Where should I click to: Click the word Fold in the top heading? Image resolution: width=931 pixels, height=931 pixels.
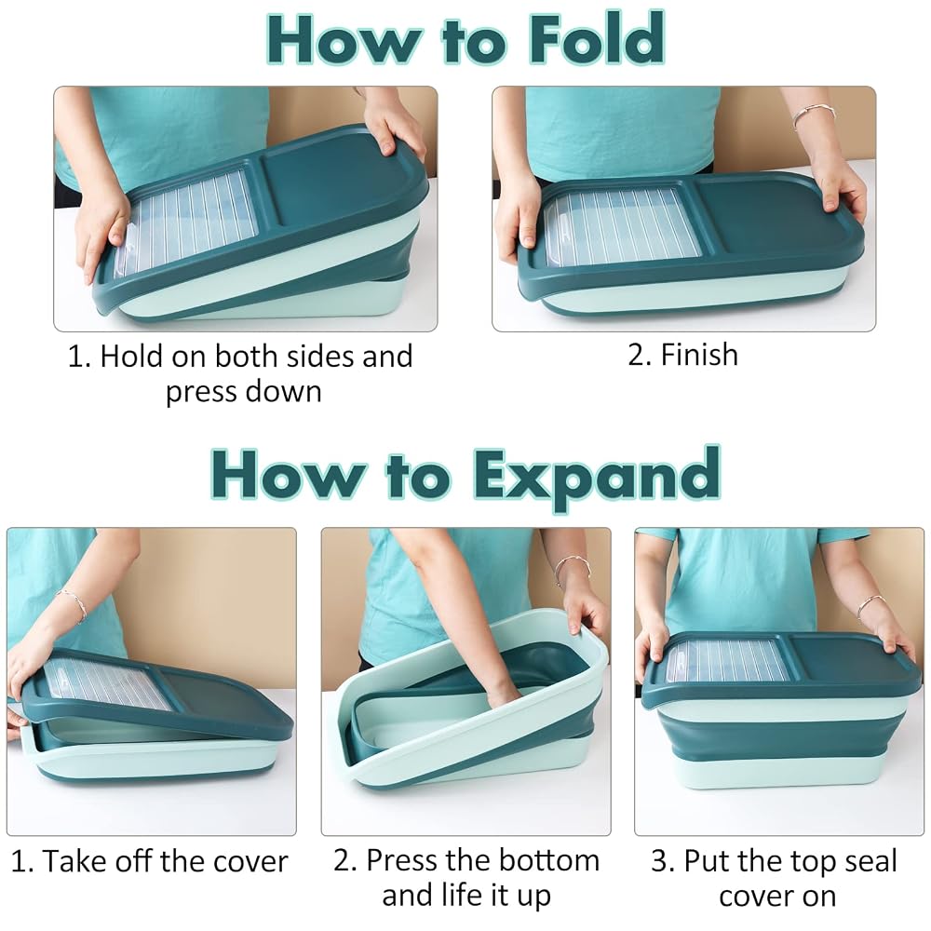point(596,38)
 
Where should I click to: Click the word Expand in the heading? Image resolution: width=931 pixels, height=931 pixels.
point(597,476)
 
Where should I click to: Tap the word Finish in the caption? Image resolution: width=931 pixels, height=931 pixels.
point(699,355)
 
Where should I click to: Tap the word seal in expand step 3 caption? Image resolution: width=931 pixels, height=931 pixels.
point(870,861)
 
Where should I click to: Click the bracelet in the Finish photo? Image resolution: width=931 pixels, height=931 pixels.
point(814,113)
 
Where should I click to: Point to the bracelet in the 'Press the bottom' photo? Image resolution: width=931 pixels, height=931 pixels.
point(572,566)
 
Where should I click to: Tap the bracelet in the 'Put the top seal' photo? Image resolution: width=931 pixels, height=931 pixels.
point(870,607)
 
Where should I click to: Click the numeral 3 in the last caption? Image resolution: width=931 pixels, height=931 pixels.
point(659,861)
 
